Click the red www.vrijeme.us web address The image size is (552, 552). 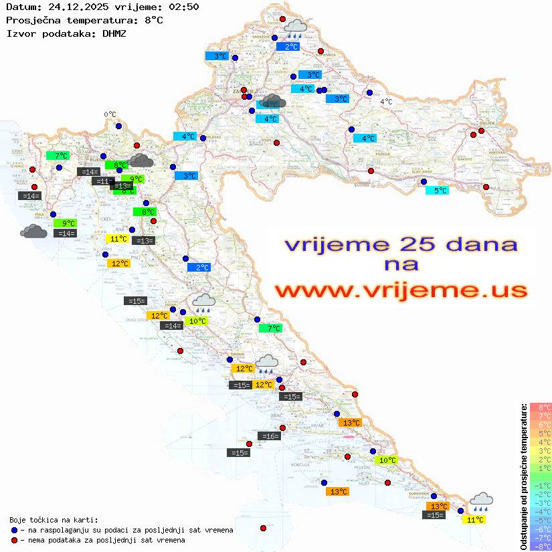[x=400, y=290]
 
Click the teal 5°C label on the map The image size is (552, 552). [x=438, y=191]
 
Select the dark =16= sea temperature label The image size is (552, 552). [x=269, y=436]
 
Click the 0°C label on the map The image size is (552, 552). [x=110, y=114]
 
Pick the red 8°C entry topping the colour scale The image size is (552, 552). [x=540, y=407]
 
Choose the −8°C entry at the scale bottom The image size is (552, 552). [x=540, y=546]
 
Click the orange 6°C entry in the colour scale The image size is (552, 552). [x=540, y=424]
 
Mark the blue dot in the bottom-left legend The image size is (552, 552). [x=14, y=530]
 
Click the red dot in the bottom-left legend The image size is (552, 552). [x=14, y=540]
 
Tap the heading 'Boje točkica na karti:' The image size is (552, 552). [x=54, y=520]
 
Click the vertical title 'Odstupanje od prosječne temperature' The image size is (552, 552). [x=523, y=476]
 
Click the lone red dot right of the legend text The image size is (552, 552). [x=263, y=529]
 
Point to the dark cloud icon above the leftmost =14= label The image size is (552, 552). [x=33, y=232]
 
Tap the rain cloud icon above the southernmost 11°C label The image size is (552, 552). [x=481, y=500]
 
